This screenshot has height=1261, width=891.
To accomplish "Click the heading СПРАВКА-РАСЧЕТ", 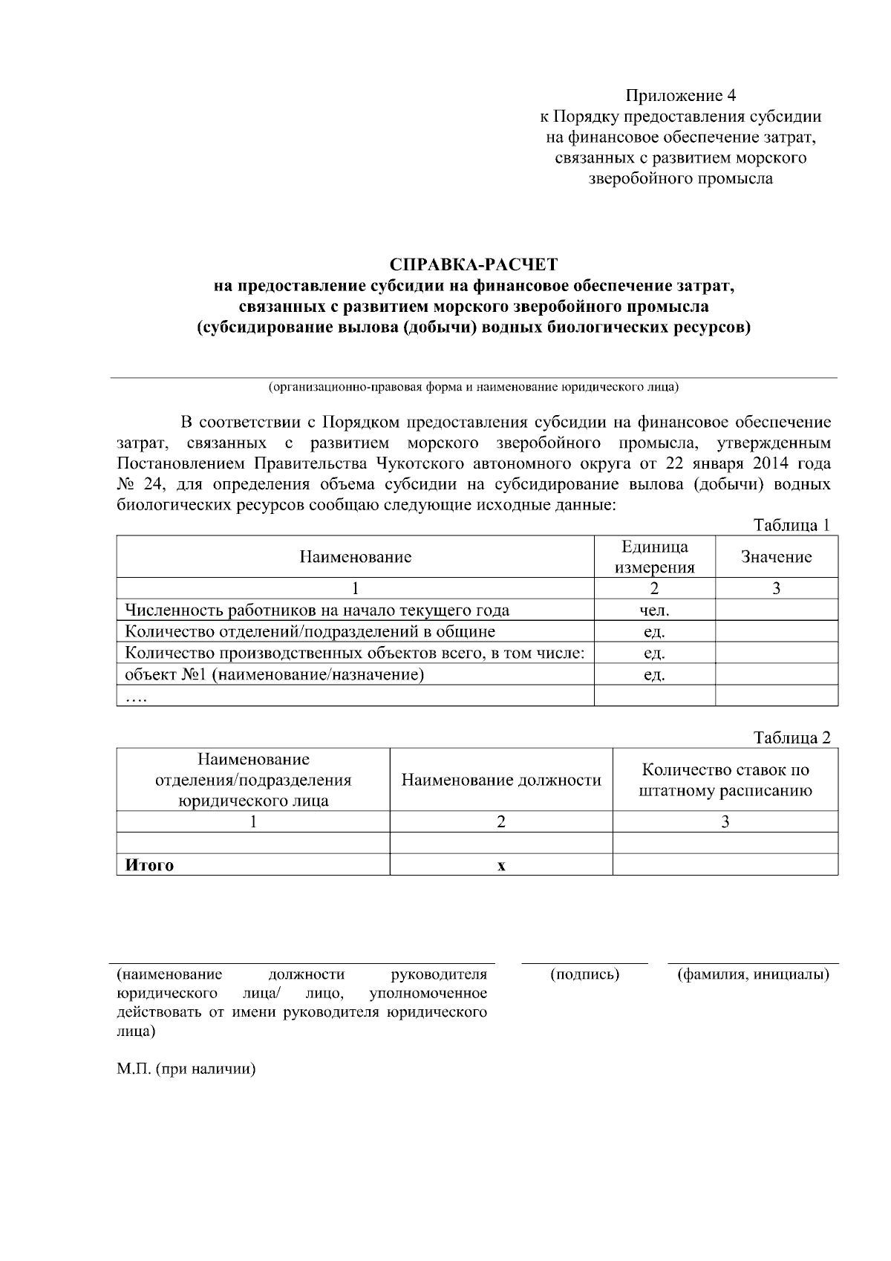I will click(473, 264).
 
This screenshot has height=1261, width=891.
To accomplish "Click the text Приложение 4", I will click(681, 96).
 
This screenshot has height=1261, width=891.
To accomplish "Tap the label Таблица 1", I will click(792, 526).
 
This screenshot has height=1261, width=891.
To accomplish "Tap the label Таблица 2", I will click(792, 738).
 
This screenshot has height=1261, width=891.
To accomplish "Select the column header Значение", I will click(776, 557).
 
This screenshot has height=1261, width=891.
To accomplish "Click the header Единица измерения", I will click(654, 557).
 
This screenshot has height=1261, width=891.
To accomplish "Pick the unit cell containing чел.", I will click(654, 610).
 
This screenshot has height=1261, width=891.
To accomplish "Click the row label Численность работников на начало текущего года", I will click(317, 610).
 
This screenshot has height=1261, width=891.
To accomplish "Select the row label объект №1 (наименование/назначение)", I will click(274, 674).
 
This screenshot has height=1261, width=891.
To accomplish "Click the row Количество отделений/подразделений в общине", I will click(310, 632).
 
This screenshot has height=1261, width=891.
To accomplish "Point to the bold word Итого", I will click(149, 865).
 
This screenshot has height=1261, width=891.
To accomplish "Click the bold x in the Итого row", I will click(501, 865).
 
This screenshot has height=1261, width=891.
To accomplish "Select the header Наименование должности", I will click(501, 780).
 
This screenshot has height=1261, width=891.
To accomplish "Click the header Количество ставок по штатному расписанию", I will click(725, 780).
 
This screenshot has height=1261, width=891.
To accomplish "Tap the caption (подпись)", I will click(584, 974).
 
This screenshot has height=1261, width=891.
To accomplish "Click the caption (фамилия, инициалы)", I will click(753, 974).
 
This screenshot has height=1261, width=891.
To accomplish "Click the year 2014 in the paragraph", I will click(768, 464).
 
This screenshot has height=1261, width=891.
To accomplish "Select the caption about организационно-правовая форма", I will click(473, 388).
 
